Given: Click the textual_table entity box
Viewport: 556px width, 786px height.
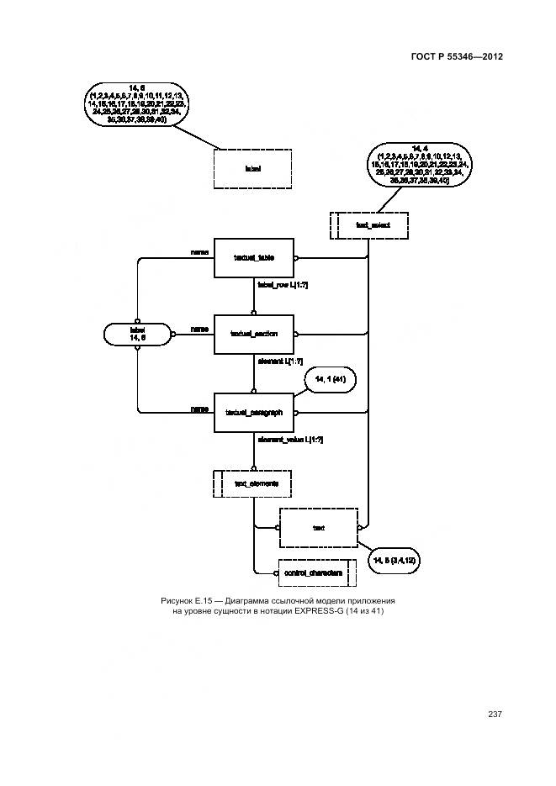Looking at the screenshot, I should coord(253,257).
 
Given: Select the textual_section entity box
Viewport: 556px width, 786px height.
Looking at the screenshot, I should coord(253,334).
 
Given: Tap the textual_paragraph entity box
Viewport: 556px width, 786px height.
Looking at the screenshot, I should coord(253,412).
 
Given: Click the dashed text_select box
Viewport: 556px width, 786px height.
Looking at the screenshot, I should coord(369,225).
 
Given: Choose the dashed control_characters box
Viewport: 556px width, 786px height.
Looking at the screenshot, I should coord(312,572).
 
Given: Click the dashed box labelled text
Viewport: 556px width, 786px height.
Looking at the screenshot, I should coord(318,528).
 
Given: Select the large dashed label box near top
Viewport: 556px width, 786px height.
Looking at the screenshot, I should coord(252,169).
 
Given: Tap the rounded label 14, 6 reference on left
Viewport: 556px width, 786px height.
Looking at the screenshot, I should coord(138,334).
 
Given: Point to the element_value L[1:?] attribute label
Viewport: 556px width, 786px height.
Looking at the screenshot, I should coord(290,439).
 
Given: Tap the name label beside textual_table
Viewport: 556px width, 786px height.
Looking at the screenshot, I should coord(199,251).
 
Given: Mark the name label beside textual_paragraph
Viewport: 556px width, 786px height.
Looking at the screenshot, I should coord(199,409).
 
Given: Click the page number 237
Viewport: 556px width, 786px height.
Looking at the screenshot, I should coord(495,714).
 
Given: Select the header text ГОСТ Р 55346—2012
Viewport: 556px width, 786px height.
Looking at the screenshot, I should coord(456,57).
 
